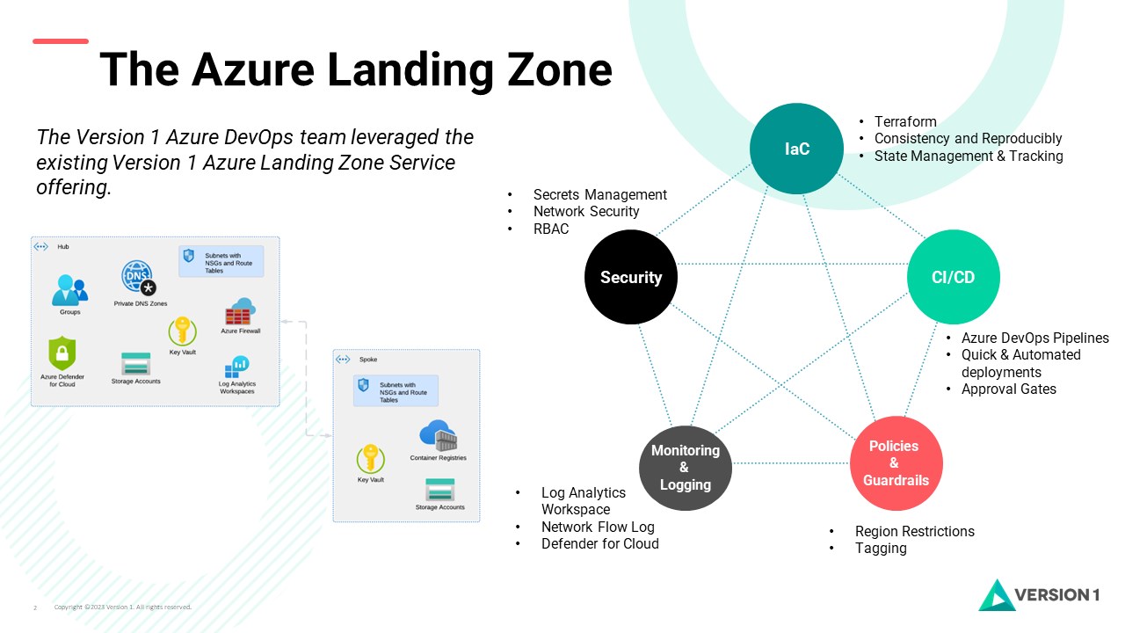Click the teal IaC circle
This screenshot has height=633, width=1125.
[x=796, y=149]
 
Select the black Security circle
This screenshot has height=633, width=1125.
[x=631, y=277]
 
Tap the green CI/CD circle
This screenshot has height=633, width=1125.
[x=953, y=277]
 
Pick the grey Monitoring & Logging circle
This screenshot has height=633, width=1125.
[x=685, y=466]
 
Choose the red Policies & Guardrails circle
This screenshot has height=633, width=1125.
[x=896, y=463]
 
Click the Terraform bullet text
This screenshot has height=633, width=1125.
[x=905, y=122]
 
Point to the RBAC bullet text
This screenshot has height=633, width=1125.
[x=551, y=229]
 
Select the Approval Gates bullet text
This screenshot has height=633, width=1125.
[x=1009, y=389]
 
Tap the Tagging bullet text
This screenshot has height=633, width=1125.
[x=881, y=548]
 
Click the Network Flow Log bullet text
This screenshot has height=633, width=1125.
[x=598, y=527]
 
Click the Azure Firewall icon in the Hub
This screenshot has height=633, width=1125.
[x=240, y=312]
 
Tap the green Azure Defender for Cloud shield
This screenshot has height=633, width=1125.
[x=62, y=353]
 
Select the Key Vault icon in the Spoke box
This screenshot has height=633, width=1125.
[x=370, y=459]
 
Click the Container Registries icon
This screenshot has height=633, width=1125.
[x=438, y=436]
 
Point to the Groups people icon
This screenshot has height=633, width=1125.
[x=69, y=290]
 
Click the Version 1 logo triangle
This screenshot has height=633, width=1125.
[x=996, y=595]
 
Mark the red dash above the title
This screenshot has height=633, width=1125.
[x=61, y=40]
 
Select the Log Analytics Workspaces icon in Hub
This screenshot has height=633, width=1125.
[x=237, y=366]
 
